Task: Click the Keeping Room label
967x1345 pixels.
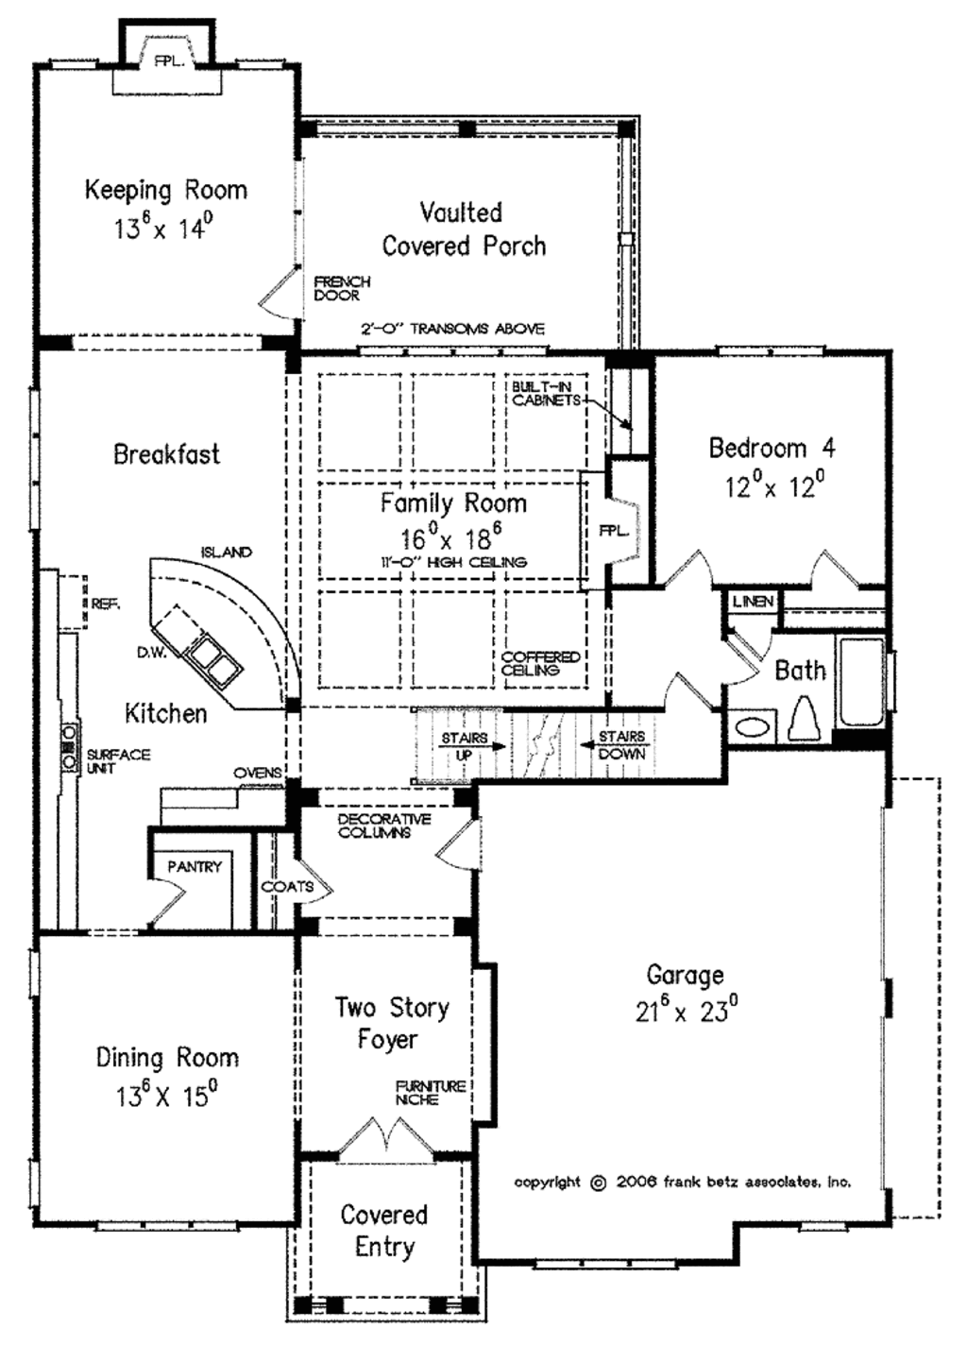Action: (166, 190)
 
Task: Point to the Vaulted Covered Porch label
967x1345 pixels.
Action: (463, 229)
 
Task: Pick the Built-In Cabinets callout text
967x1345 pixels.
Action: (546, 394)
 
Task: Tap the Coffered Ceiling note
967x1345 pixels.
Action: (540, 663)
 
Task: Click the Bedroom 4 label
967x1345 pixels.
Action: (772, 448)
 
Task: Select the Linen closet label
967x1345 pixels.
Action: (753, 602)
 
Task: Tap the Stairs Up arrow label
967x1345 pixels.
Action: (465, 745)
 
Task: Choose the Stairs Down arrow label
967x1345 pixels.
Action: (620, 745)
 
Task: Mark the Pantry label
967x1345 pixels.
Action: (195, 866)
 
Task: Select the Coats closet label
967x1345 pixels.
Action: (287, 887)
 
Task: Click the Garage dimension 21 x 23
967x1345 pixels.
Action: (686, 1011)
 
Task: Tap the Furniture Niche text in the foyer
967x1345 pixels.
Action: (430, 1093)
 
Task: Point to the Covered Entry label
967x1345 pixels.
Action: (384, 1230)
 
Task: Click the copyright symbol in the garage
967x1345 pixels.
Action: (598, 1183)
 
